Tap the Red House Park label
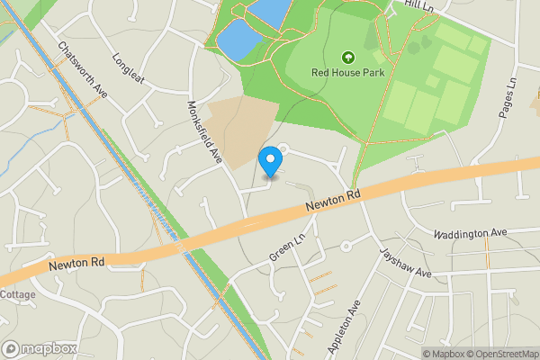pyautogui.click(x=347, y=72)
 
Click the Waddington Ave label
pyautogui.click(x=470, y=233)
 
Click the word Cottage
pyautogui.click(x=17, y=294)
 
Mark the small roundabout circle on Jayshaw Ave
pyautogui.click(x=345, y=246)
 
